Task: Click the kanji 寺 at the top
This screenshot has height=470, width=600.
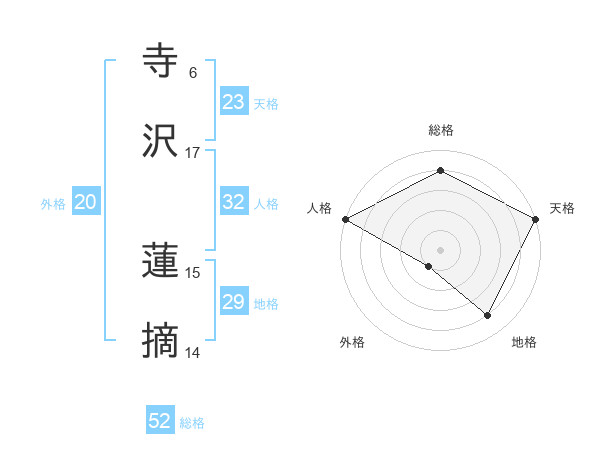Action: [x=161, y=63]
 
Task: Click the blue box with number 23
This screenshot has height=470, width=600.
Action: [x=234, y=102]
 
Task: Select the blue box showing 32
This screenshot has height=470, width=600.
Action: [x=234, y=202]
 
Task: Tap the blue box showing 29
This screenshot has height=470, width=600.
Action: [x=234, y=302]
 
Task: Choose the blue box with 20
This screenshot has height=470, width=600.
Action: [x=86, y=202]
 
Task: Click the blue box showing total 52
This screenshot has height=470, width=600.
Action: [x=160, y=421]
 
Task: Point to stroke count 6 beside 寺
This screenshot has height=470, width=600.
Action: [x=192, y=73]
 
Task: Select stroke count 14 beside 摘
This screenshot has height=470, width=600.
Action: [x=192, y=353]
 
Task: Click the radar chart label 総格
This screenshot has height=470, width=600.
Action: [x=440, y=130]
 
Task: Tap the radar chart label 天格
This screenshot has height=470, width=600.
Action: [x=562, y=208]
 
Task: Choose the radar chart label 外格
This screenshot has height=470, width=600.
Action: [x=352, y=342]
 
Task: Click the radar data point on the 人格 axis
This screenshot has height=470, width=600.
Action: [x=345, y=219]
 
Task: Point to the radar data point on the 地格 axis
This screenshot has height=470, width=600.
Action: [x=488, y=316]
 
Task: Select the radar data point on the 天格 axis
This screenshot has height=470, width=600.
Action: [x=536, y=219]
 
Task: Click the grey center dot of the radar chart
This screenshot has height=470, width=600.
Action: [x=440, y=249]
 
